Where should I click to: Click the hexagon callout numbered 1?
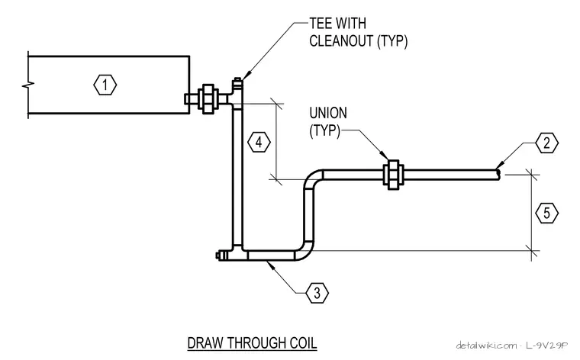click(x=105, y=85)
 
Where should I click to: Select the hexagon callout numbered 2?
click(x=546, y=143)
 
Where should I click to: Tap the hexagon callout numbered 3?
click(x=317, y=293)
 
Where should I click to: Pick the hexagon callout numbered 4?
click(x=259, y=143)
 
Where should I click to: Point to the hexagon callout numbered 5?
click(x=546, y=214)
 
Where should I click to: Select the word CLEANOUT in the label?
click(x=341, y=41)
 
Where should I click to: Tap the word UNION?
click(x=328, y=113)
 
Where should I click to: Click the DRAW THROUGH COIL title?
click(x=253, y=343)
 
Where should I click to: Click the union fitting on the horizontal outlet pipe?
click(x=393, y=175)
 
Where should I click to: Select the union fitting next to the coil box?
click(x=208, y=99)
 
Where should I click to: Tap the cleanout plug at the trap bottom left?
click(x=221, y=256)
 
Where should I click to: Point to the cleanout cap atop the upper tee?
click(x=237, y=81)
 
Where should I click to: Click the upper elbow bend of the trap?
click(x=312, y=178)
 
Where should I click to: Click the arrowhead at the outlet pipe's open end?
click(x=499, y=166)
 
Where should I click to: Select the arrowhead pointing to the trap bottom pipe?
click(x=270, y=264)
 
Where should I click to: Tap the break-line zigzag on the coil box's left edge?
click(x=28, y=85)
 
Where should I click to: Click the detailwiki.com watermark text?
click(x=486, y=346)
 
